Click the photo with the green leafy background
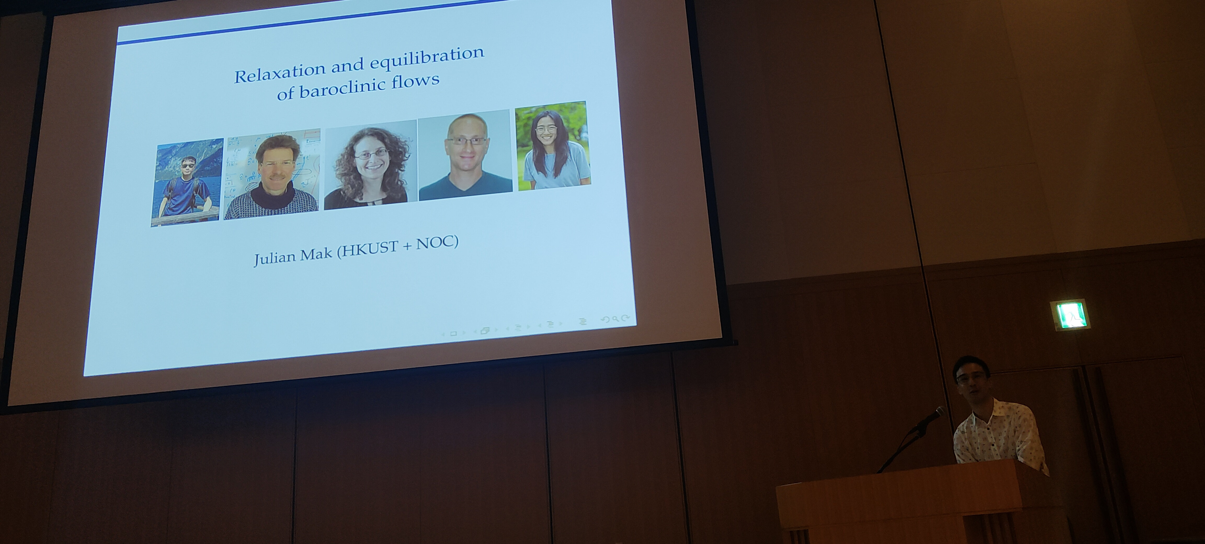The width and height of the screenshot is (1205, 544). [x=553, y=145]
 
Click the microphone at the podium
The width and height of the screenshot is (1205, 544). [x=928, y=419]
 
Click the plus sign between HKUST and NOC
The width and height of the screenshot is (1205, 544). [x=407, y=246]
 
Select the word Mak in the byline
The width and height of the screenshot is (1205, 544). [x=319, y=254]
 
